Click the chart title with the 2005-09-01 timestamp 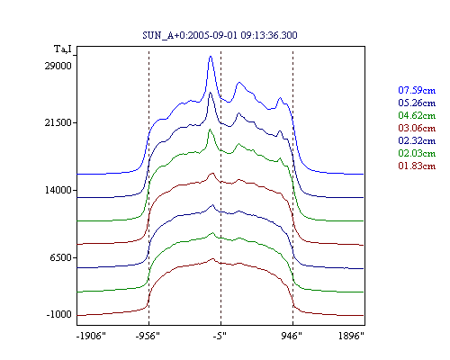tap(220, 35)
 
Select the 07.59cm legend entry tap(417, 90)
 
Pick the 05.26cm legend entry tap(417, 103)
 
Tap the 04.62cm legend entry tap(417, 115)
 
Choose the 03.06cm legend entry tap(417, 128)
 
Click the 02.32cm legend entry tap(417, 140)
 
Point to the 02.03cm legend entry tap(417, 153)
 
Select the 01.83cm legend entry tap(417, 166)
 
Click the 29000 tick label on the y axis tap(58, 66)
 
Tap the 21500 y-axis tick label tap(58, 122)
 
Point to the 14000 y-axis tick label tap(58, 190)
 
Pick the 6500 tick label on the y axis tap(61, 257)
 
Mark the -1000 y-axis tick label tap(59, 314)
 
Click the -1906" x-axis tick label tap(91, 336)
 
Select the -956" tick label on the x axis tap(148, 336)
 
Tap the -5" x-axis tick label tap(220, 336)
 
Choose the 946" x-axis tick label tap(292, 336)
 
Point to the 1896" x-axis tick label tap(351, 336)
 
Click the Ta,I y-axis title tap(63, 49)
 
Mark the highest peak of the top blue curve tap(211, 57)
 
